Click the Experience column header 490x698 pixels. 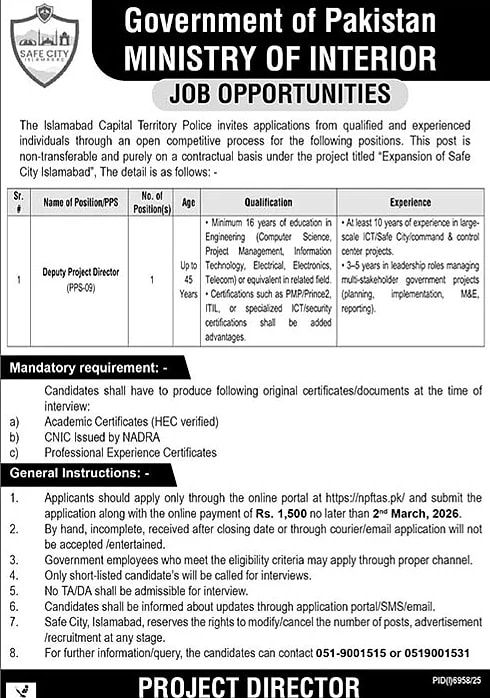click(403, 201)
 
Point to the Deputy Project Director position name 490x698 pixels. click(86, 271)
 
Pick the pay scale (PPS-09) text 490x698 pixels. click(86, 285)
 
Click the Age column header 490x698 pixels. click(189, 201)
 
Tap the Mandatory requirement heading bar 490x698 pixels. click(80, 369)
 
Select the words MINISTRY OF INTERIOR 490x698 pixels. click(280, 57)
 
